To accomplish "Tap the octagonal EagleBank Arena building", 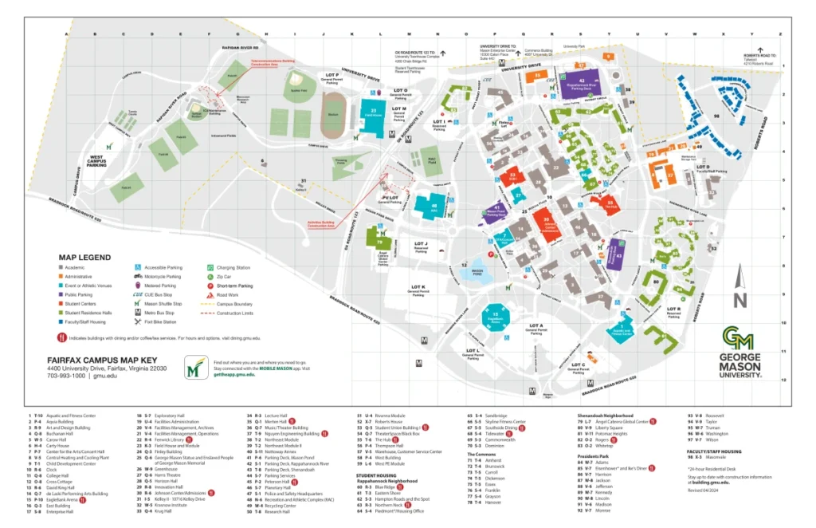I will [x=496, y=317].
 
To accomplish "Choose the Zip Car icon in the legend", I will [x=210, y=277].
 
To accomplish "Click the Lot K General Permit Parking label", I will [x=418, y=289].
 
